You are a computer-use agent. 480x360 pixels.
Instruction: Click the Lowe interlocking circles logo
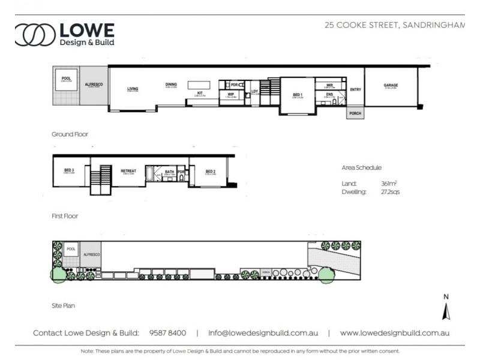(35, 35)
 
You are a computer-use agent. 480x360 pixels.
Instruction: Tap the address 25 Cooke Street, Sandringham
(394, 25)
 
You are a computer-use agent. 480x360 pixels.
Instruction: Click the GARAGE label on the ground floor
(391, 86)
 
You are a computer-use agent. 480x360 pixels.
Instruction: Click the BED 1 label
(298, 95)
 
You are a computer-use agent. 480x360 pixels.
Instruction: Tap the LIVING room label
(133, 90)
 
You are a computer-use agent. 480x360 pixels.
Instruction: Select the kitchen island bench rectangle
(199, 85)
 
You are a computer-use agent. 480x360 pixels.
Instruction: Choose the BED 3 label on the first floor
(69, 171)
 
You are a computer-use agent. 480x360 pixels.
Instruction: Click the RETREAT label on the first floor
(128, 171)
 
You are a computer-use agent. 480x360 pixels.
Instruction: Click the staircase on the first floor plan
(101, 179)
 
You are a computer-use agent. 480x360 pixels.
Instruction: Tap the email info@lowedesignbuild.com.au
(263, 333)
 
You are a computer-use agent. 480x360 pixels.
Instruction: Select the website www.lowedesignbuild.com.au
(394, 333)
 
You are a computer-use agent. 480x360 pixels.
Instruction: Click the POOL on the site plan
(71, 248)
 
